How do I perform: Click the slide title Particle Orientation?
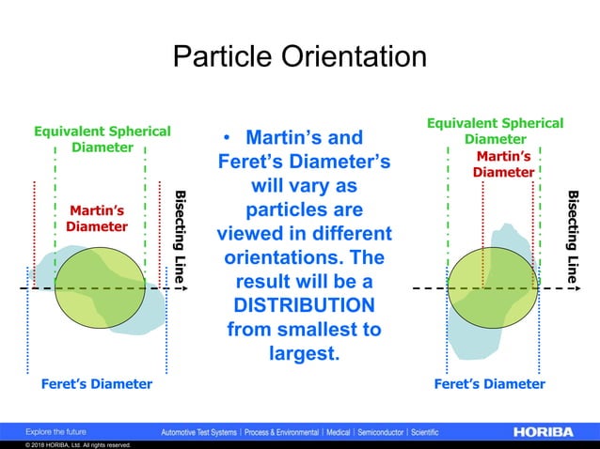299,56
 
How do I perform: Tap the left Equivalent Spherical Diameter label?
103,139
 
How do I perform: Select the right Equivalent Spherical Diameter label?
496,132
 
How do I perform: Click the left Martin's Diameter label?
97,218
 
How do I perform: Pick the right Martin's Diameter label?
503,163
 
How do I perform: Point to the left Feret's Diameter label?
96,384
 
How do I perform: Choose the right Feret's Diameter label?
489,384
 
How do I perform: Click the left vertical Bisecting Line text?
179,239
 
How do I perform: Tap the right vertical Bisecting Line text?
572,235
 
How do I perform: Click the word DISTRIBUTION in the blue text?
305,306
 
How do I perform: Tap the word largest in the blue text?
303,354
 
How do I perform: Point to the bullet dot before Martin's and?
227,141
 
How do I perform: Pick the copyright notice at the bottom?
66,445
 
